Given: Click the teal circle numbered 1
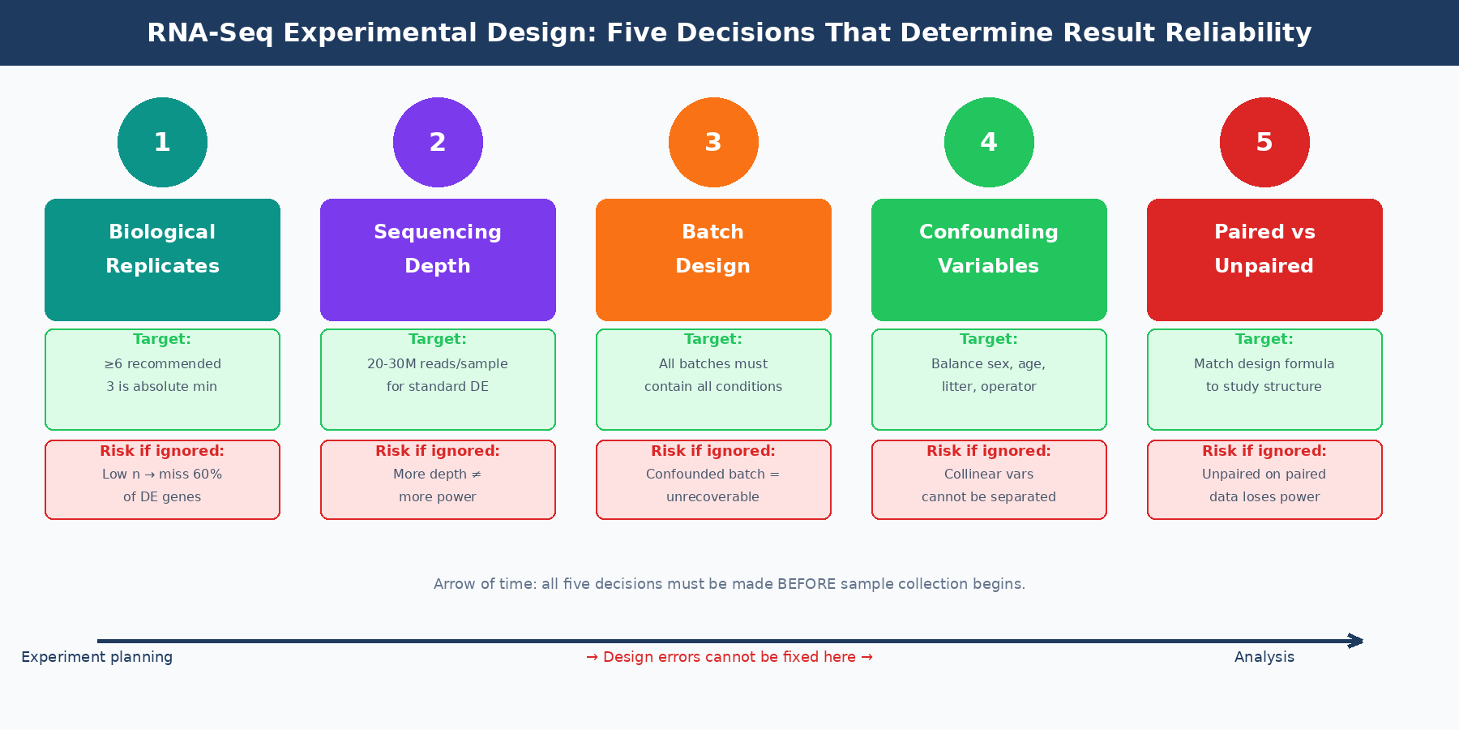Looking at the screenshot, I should point(162,142).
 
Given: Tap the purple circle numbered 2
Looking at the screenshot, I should point(438,142).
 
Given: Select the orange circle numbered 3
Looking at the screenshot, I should point(713,142).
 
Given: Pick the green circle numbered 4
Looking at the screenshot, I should point(989,142).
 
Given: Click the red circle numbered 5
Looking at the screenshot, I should point(1264,142).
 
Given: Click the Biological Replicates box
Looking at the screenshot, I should point(162,260).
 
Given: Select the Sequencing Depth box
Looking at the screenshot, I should point(438,260).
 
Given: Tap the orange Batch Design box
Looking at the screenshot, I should point(713,260).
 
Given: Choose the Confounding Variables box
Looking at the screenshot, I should point(989,260).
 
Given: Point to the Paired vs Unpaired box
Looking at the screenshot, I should point(1264,260).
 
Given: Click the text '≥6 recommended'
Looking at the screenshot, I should point(162,364).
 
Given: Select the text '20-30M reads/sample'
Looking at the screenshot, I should point(438,364).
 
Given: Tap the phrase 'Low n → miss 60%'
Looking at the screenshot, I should point(162,474).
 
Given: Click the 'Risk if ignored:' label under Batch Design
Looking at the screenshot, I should point(713,451).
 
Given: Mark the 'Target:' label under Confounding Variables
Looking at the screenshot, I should point(989,339).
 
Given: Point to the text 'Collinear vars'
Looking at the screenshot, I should point(989,474).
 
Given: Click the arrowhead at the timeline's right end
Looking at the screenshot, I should point(1357,641).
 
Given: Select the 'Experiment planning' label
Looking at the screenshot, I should point(97,657).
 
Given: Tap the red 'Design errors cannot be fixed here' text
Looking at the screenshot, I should point(729,657).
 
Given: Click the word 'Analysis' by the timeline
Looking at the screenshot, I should point(1264,657).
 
